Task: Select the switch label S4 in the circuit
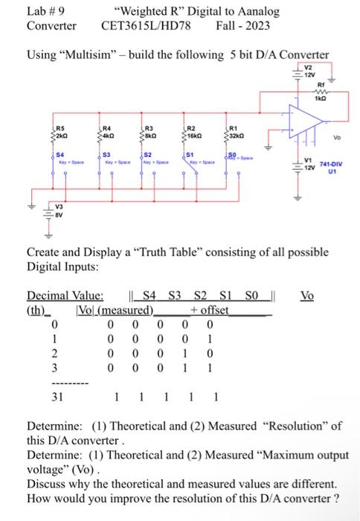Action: click(58, 154)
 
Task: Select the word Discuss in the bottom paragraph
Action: click(47, 482)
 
